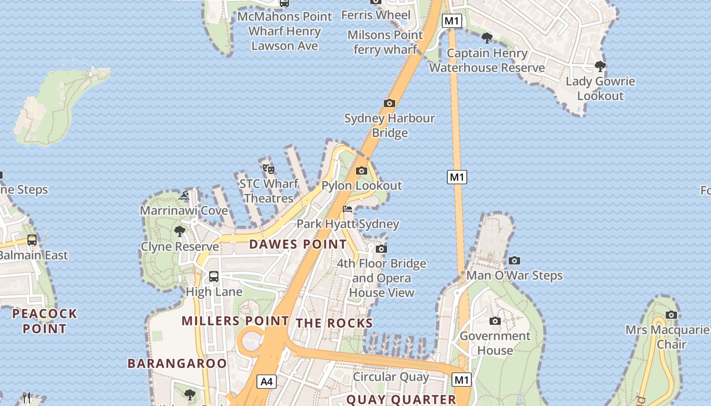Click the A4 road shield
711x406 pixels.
(x=267, y=382)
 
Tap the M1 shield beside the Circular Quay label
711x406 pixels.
(x=461, y=380)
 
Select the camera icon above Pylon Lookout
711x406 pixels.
(x=362, y=171)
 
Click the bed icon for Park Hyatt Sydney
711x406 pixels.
(x=347, y=209)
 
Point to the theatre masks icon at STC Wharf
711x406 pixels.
(x=268, y=168)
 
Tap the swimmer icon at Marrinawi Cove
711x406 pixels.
(x=184, y=195)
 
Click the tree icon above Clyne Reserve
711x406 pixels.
(x=179, y=232)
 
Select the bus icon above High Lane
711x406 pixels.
(x=214, y=277)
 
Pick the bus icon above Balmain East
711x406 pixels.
(x=32, y=240)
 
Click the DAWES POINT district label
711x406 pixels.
(x=298, y=244)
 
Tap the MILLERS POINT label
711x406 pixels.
(x=235, y=321)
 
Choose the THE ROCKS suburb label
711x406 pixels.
(x=334, y=323)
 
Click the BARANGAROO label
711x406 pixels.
(x=177, y=363)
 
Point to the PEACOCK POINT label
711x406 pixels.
(x=45, y=321)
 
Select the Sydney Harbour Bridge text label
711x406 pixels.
(x=390, y=125)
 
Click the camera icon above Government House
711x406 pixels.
(x=495, y=321)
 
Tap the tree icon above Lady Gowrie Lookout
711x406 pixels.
(x=600, y=66)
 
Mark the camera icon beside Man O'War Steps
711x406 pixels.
(x=514, y=261)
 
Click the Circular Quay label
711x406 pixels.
(x=391, y=377)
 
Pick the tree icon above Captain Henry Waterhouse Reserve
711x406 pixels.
(x=487, y=38)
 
